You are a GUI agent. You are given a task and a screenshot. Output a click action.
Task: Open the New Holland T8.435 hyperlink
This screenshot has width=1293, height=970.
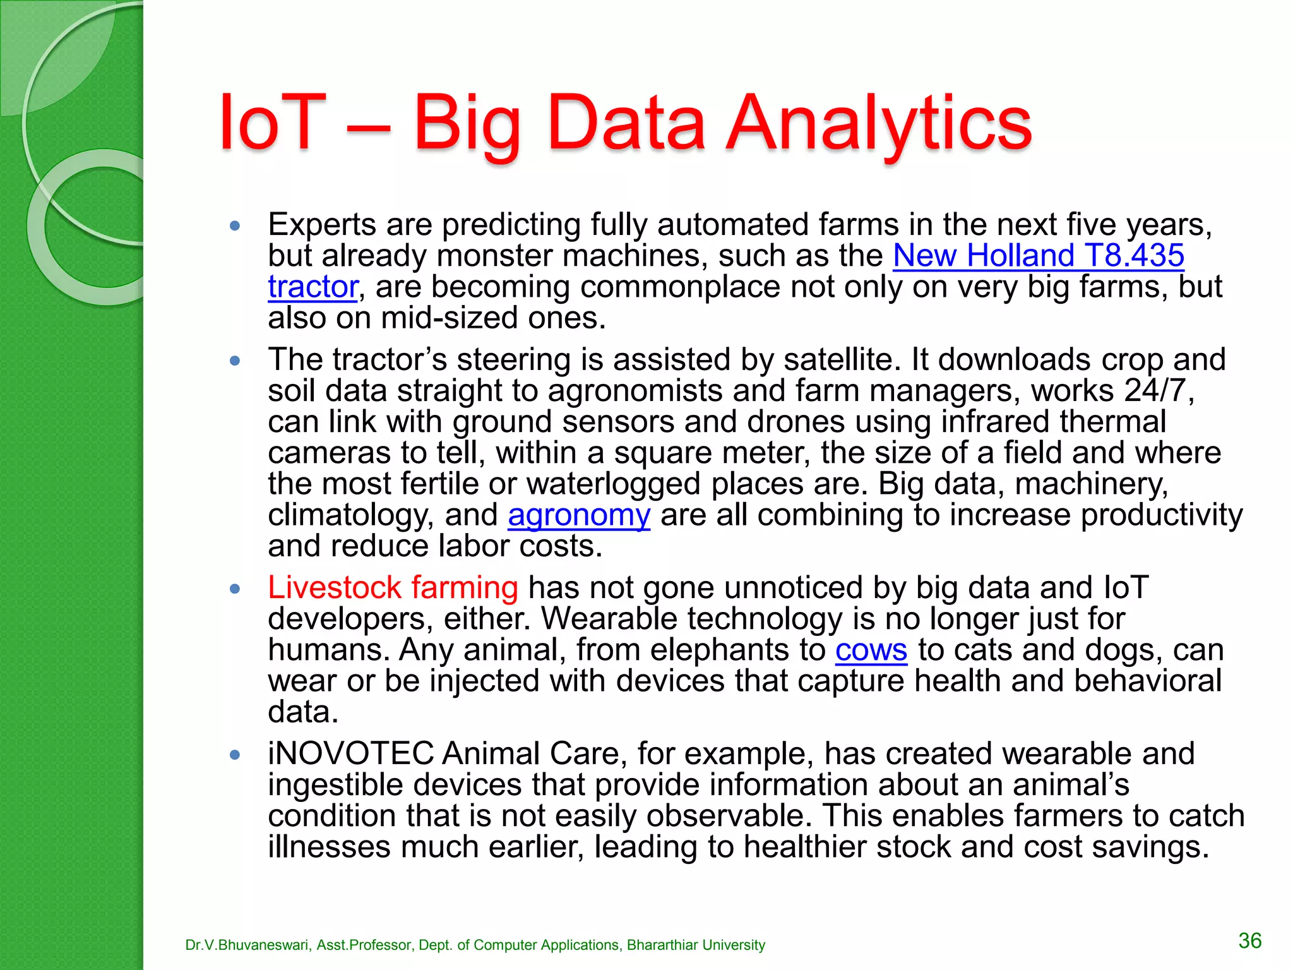click(1038, 256)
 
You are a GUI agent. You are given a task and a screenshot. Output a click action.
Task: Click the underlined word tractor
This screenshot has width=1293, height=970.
click(313, 287)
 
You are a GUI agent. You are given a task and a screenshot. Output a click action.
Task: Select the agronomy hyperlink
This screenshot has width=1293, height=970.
click(579, 515)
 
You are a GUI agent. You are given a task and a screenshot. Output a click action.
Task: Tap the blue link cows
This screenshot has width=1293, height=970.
click(871, 650)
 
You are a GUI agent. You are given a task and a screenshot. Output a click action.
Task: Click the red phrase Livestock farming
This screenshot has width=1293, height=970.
click(393, 587)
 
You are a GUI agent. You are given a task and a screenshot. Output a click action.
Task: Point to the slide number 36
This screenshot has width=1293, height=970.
click(1249, 940)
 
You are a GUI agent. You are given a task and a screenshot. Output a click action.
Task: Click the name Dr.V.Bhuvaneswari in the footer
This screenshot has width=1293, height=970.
click(246, 945)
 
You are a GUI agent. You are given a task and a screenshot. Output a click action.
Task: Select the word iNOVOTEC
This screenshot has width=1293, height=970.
click(350, 753)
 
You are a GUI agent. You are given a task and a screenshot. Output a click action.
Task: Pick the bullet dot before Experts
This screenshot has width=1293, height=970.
click(235, 225)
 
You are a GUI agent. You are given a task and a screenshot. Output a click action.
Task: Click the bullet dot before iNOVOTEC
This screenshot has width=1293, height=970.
click(235, 754)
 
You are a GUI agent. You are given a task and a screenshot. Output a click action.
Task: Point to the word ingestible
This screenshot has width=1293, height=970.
click(341, 785)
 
